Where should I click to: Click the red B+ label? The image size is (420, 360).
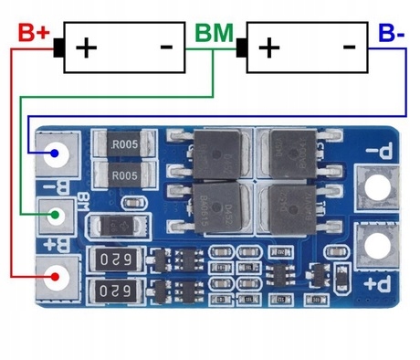click(x=33, y=32)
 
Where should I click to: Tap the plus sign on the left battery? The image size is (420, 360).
click(x=86, y=46)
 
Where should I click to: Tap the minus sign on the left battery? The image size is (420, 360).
click(x=167, y=45)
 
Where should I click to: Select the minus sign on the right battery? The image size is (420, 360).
click(x=350, y=45)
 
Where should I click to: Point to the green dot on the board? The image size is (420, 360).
click(x=56, y=217)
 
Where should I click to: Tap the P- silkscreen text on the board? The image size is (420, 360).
click(x=375, y=154)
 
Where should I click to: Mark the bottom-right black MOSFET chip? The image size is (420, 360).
click(x=291, y=207)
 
